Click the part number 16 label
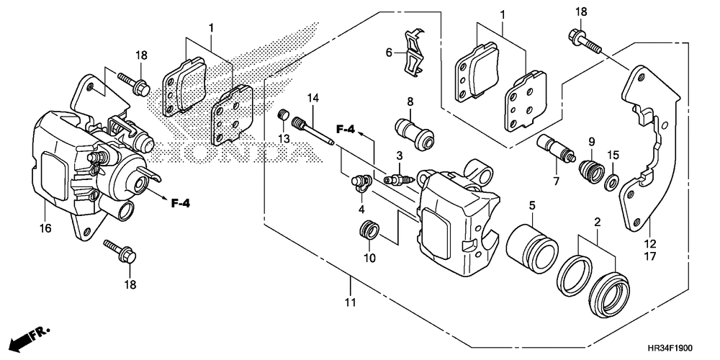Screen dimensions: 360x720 coord(45,228)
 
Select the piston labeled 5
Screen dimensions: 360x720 coord(533,243)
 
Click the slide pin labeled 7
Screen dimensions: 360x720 coord(555,151)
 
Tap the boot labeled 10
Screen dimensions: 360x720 coord(369,231)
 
